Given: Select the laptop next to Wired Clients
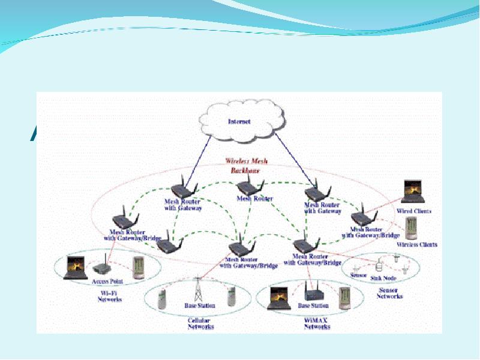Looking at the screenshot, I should (x=414, y=191).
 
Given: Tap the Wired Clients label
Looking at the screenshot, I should (x=414, y=212).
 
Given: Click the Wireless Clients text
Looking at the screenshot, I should (x=417, y=245).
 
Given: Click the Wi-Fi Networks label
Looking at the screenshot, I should (x=110, y=295).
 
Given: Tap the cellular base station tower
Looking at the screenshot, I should (x=199, y=290).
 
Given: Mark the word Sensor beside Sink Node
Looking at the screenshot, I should (x=358, y=277).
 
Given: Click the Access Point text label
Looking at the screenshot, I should (x=108, y=281).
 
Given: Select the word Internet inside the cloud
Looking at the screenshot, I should (x=239, y=122).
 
